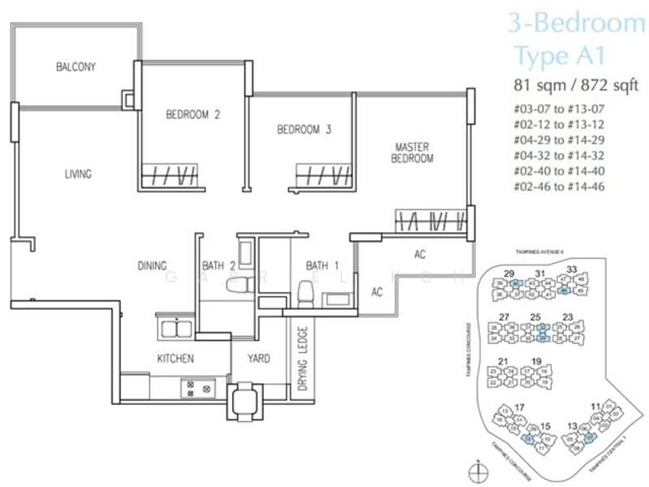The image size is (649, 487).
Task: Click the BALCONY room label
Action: click(75, 67)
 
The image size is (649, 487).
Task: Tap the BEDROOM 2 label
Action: click(193, 114)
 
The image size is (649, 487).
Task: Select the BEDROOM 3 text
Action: click(304, 129)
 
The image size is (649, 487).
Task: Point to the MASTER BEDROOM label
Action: click(412, 153)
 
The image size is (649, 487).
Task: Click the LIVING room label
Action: click(79, 174)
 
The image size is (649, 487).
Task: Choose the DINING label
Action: click(152, 265)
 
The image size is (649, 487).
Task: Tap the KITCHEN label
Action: click(175, 358)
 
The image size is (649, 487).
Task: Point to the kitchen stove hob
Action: click(199, 389)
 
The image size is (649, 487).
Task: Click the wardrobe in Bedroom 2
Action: click(170, 175)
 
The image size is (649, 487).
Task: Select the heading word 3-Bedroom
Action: click(576, 24)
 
